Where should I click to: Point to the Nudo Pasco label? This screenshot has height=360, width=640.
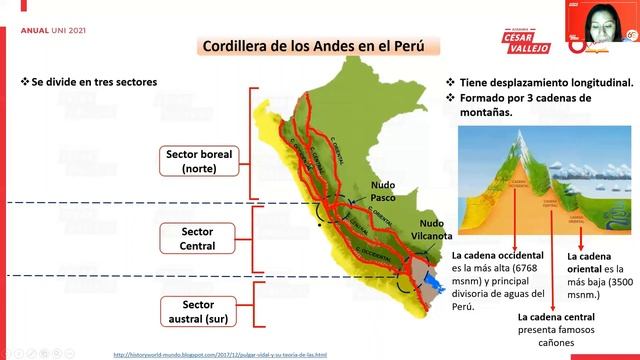383,191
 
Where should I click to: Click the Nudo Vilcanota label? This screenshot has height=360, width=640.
435,230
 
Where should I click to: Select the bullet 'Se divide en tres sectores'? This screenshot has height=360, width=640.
91,81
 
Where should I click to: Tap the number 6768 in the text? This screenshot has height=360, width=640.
524,268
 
